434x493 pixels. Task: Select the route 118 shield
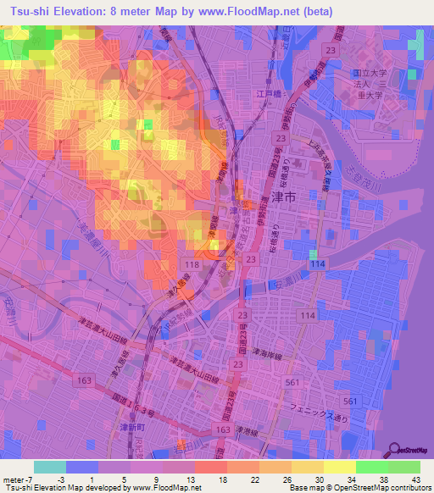192,265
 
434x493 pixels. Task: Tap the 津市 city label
286,195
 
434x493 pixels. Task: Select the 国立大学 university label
368,74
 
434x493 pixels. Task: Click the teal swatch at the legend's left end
50,467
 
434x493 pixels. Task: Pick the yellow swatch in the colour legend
340,467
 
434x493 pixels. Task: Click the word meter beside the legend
14,479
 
